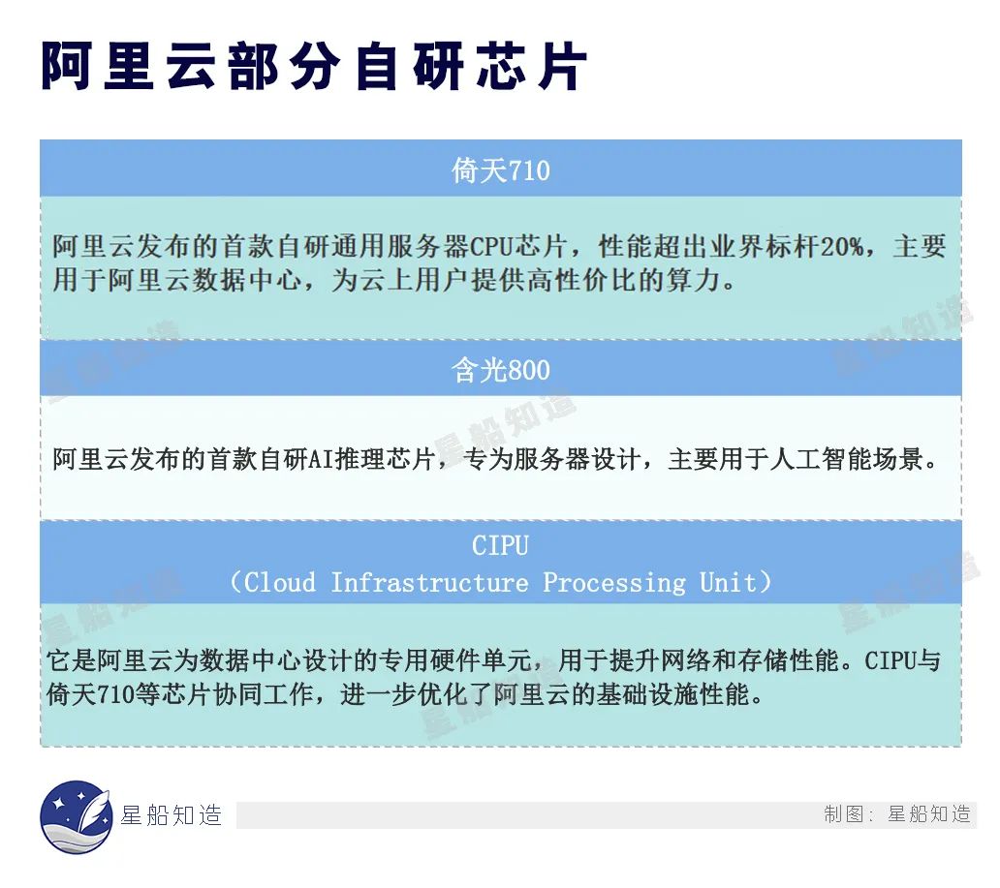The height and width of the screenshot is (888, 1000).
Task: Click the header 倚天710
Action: pos(501,170)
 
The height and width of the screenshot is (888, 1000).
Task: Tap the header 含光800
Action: pos(501,370)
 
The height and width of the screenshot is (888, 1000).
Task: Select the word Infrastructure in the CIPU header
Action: pos(429,583)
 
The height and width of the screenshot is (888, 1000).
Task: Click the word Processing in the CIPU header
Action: pos(614,583)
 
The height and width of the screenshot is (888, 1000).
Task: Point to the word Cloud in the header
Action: pos(279,583)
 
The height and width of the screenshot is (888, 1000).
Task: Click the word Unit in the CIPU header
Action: pos(728,583)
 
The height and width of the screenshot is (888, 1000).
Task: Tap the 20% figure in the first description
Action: pos(841,247)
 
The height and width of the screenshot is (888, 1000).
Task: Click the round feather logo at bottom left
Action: pos(77,816)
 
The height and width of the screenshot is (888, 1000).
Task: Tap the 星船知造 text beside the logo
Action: pos(171,815)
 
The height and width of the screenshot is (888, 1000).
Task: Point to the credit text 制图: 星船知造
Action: pos(897,814)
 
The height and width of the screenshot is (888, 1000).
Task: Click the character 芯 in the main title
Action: pos(502,66)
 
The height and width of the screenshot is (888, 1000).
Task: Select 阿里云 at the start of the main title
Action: pos(129,66)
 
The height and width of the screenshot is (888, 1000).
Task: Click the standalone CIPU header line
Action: pos(501,545)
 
